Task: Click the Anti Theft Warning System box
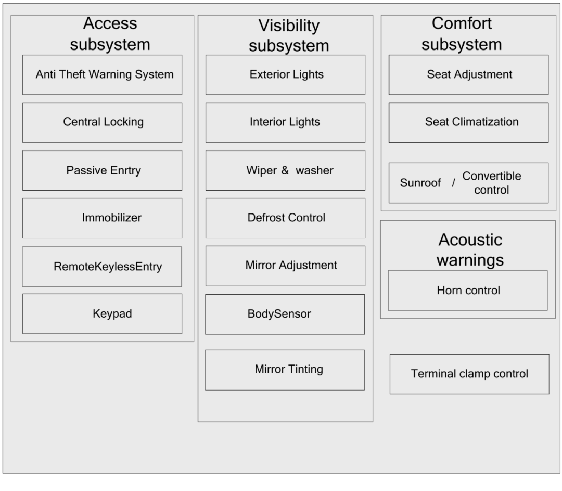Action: click(103, 75)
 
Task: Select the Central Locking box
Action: click(103, 122)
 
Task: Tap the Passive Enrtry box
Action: click(103, 170)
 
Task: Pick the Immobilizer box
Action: click(103, 218)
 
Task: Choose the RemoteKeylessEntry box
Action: click(103, 267)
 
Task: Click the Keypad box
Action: click(103, 313)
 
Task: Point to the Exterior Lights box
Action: click(286, 75)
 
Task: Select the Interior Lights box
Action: click(286, 122)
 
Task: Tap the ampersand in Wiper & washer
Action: click(285, 171)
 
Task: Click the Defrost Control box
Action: click(286, 218)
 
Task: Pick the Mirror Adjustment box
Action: click(286, 266)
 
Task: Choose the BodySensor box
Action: click(285, 314)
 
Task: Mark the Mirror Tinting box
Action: click(285, 370)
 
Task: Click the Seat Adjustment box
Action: click(469, 75)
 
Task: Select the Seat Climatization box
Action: click(469, 122)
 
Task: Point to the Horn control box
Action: click(468, 291)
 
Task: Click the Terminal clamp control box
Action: click(469, 374)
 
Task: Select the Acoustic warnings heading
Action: click(470, 249)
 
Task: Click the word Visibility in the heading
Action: click(289, 26)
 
